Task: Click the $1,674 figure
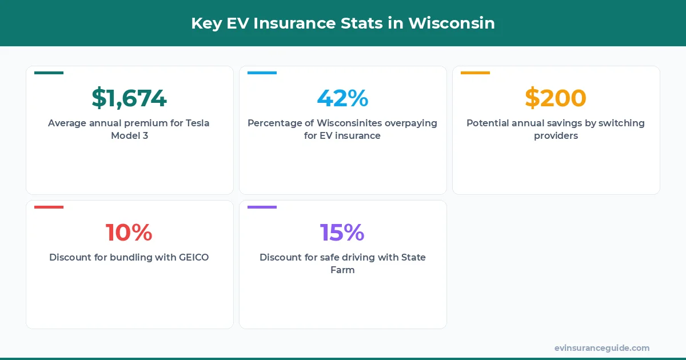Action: click(129, 98)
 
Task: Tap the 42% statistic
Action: click(342, 98)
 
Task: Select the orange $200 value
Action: click(556, 98)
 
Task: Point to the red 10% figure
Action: click(129, 233)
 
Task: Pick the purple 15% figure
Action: click(342, 233)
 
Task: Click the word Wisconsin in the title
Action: click(452, 23)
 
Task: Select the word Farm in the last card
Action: click(342, 270)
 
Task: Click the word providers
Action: click(556, 136)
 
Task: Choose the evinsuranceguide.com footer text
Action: click(602, 348)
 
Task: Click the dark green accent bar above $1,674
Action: click(49, 73)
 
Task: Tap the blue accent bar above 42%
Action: click(262, 73)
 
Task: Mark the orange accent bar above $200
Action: click(475, 73)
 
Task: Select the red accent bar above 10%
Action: click(49, 207)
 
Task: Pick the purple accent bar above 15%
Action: click(262, 207)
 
